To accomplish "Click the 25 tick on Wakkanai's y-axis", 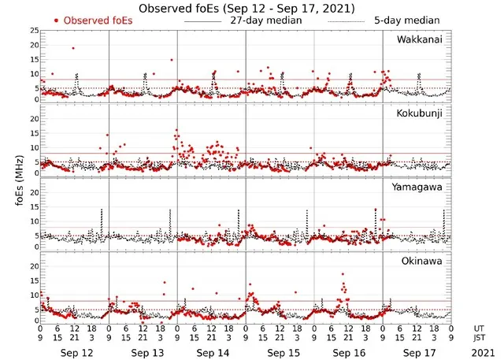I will [x=33, y=31].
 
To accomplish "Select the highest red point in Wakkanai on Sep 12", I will [x=73, y=48].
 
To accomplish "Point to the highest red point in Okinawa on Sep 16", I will [x=343, y=273].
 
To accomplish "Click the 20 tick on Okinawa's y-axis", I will [x=33, y=266].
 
